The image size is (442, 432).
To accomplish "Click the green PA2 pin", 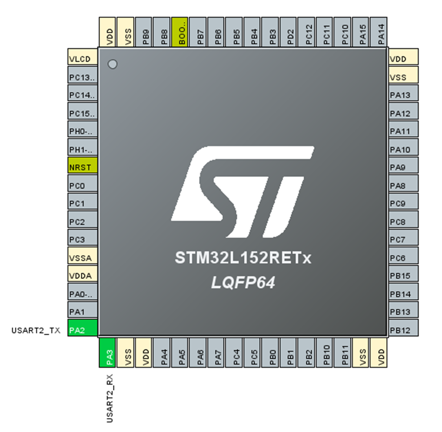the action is [82, 330].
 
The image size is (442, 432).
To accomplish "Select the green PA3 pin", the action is [108, 353].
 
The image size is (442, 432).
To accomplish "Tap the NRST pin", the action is [82, 167].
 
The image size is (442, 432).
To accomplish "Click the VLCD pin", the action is [82, 59].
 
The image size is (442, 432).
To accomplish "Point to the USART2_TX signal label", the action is [36, 330].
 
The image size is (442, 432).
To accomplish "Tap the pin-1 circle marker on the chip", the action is [113, 64].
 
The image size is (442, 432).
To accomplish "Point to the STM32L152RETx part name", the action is [242, 259].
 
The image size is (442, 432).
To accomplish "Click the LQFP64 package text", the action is [242, 282].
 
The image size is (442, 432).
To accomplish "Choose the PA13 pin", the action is [403, 95].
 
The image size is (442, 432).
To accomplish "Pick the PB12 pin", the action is [403, 330].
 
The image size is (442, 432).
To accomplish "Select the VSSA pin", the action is [82, 257].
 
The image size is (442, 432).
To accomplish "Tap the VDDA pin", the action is [82, 276].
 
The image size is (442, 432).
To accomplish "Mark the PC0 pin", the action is [82, 185].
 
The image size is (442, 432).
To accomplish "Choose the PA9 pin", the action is [403, 167].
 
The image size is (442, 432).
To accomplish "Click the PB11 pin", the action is [345, 353].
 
